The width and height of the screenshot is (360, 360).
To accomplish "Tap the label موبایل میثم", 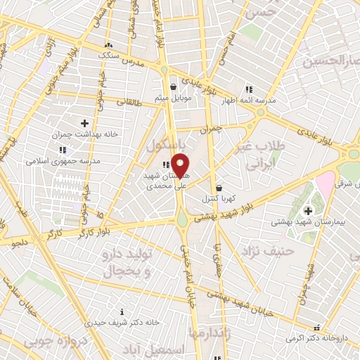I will coord(164,98).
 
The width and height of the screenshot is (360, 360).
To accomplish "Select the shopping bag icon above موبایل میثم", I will coord(164,88).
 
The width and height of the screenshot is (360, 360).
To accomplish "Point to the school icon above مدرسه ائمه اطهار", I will coord(249,89).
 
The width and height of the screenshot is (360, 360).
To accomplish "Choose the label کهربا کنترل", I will coord(219,198).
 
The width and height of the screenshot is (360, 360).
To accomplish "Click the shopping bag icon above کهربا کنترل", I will coord(219,188).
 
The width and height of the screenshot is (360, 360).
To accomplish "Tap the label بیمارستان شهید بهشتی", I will coord(307,221).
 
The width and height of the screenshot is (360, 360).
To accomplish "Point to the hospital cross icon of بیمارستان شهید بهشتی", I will coord(307,210).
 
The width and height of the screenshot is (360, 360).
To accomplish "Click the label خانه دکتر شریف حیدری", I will coord(115,323).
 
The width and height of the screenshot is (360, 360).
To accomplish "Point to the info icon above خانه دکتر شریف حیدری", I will coord(122,312).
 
